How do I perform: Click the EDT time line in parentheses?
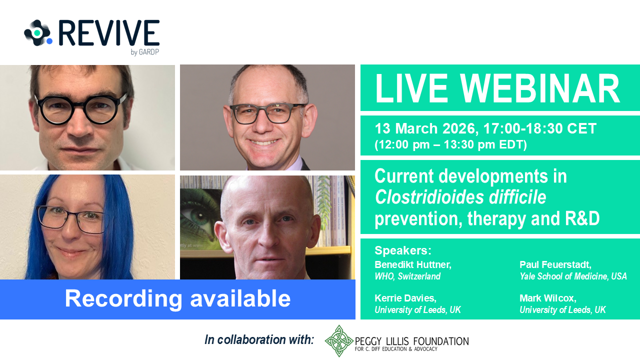450,145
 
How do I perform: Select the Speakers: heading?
403,250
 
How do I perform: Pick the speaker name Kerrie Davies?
405,298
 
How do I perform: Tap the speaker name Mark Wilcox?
548,298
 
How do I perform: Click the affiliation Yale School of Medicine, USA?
573,276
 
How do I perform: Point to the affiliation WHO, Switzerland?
407,276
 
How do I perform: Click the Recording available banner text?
177,298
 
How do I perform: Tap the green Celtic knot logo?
339,340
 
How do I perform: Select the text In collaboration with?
259,340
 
